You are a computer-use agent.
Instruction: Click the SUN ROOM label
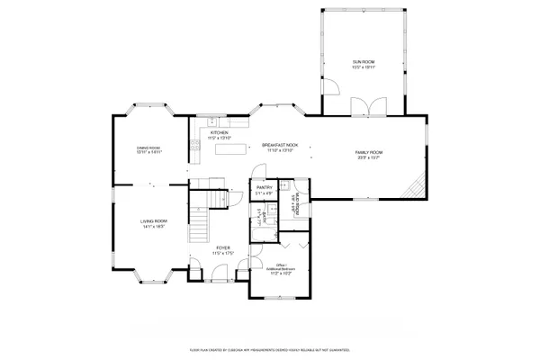tap(364, 61)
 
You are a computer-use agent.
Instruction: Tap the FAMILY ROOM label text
tap(369, 152)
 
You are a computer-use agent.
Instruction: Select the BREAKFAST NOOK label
tap(279, 144)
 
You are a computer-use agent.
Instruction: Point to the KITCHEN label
tap(219, 132)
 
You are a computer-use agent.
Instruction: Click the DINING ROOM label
tap(148, 148)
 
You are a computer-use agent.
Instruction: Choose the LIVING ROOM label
tap(153, 220)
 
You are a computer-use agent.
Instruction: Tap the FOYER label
tap(221, 247)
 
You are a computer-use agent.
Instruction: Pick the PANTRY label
tap(264, 188)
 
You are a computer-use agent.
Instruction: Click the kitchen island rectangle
tap(231, 148)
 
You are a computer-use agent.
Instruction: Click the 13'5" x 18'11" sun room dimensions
tap(364, 67)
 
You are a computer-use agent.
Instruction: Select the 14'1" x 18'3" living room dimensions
tap(153, 227)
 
